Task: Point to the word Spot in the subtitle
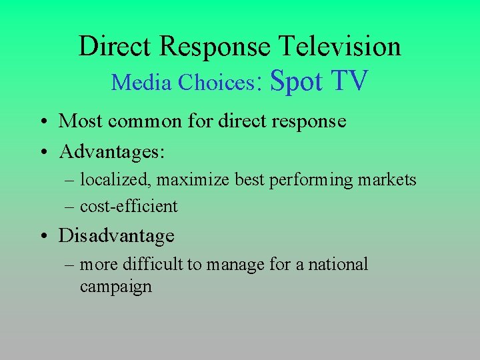[297, 81]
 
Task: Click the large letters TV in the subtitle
[349, 81]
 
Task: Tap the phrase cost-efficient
[129, 206]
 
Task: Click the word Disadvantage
[117, 235]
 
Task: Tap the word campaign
[115, 287]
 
